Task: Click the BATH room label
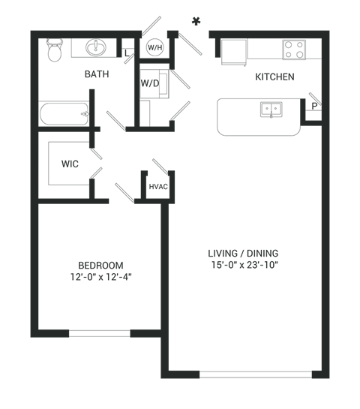click(96, 74)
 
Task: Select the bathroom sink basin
click(96, 47)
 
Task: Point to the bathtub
click(63, 116)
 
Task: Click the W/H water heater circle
click(155, 47)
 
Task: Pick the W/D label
click(150, 83)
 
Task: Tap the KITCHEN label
click(274, 77)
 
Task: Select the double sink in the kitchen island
click(271, 110)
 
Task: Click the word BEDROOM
click(100, 266)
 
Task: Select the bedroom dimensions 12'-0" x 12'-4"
click(100, 277)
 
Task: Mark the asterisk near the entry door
click(197, 20)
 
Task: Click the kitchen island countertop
click(240, 117)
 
